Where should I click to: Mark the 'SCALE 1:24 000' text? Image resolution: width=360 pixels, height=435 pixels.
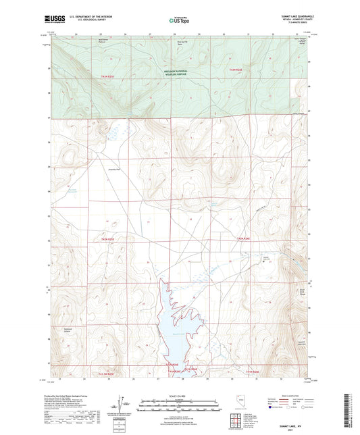coord(179,395)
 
